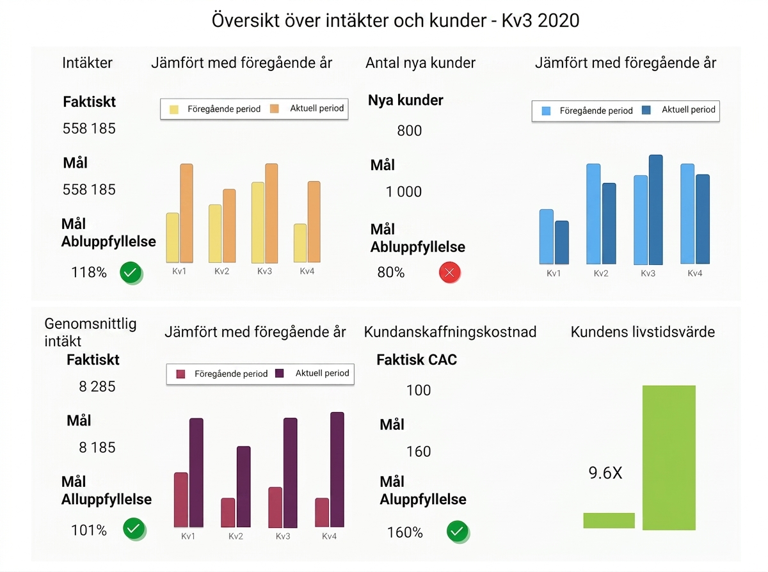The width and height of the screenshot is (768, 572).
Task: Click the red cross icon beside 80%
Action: [449, 273]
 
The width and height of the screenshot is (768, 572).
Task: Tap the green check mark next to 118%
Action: [131, 273]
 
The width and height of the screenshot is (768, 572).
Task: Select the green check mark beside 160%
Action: [457, 531]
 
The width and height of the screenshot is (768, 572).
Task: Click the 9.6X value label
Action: [605, 473]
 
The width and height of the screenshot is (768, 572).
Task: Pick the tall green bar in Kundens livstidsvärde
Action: [669, 457]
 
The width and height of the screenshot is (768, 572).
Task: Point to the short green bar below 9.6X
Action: [609, 520]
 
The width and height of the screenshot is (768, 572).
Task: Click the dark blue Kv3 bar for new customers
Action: [655, 210]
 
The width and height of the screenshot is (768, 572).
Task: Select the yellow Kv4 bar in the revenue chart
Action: [300, 243]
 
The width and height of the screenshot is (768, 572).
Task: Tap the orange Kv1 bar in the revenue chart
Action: [186, 213]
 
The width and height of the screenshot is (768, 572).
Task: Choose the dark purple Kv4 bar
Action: [337, 470]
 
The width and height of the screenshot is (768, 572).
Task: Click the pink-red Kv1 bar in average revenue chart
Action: [180, 500]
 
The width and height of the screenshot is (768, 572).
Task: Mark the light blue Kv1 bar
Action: [547, 237]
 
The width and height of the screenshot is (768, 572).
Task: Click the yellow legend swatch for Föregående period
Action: [174, 109]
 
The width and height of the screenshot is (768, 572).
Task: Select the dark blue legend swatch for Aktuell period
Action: [646, 110]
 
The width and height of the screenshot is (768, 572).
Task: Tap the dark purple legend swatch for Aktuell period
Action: [280, 373]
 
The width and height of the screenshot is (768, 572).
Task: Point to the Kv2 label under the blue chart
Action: [601, 273]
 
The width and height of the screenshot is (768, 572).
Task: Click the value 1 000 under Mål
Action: [404, 191]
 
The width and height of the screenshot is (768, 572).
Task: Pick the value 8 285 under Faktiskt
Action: [97, 386]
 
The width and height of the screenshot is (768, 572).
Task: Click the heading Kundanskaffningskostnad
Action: [450, 331]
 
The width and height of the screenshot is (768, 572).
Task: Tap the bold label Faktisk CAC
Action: [417, 360]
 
